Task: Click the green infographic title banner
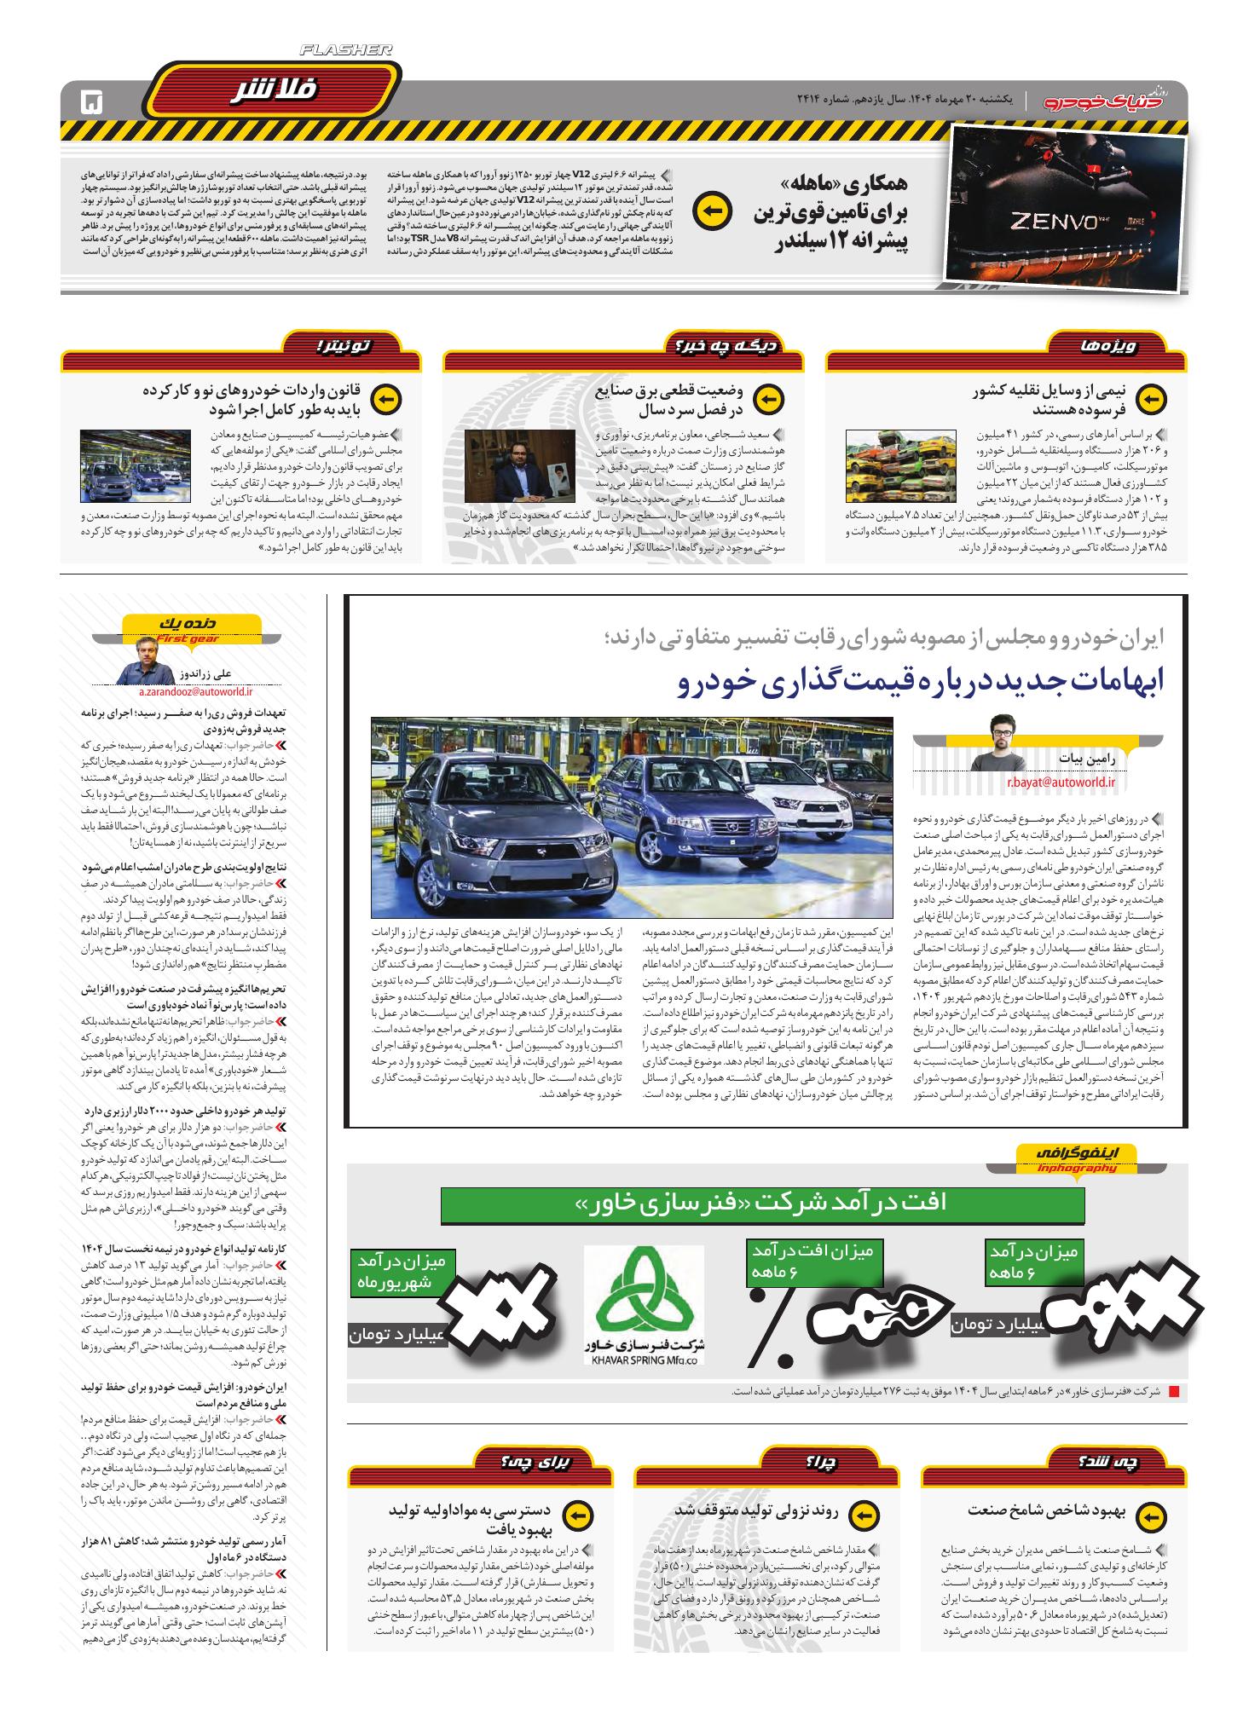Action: point(762,1202)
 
